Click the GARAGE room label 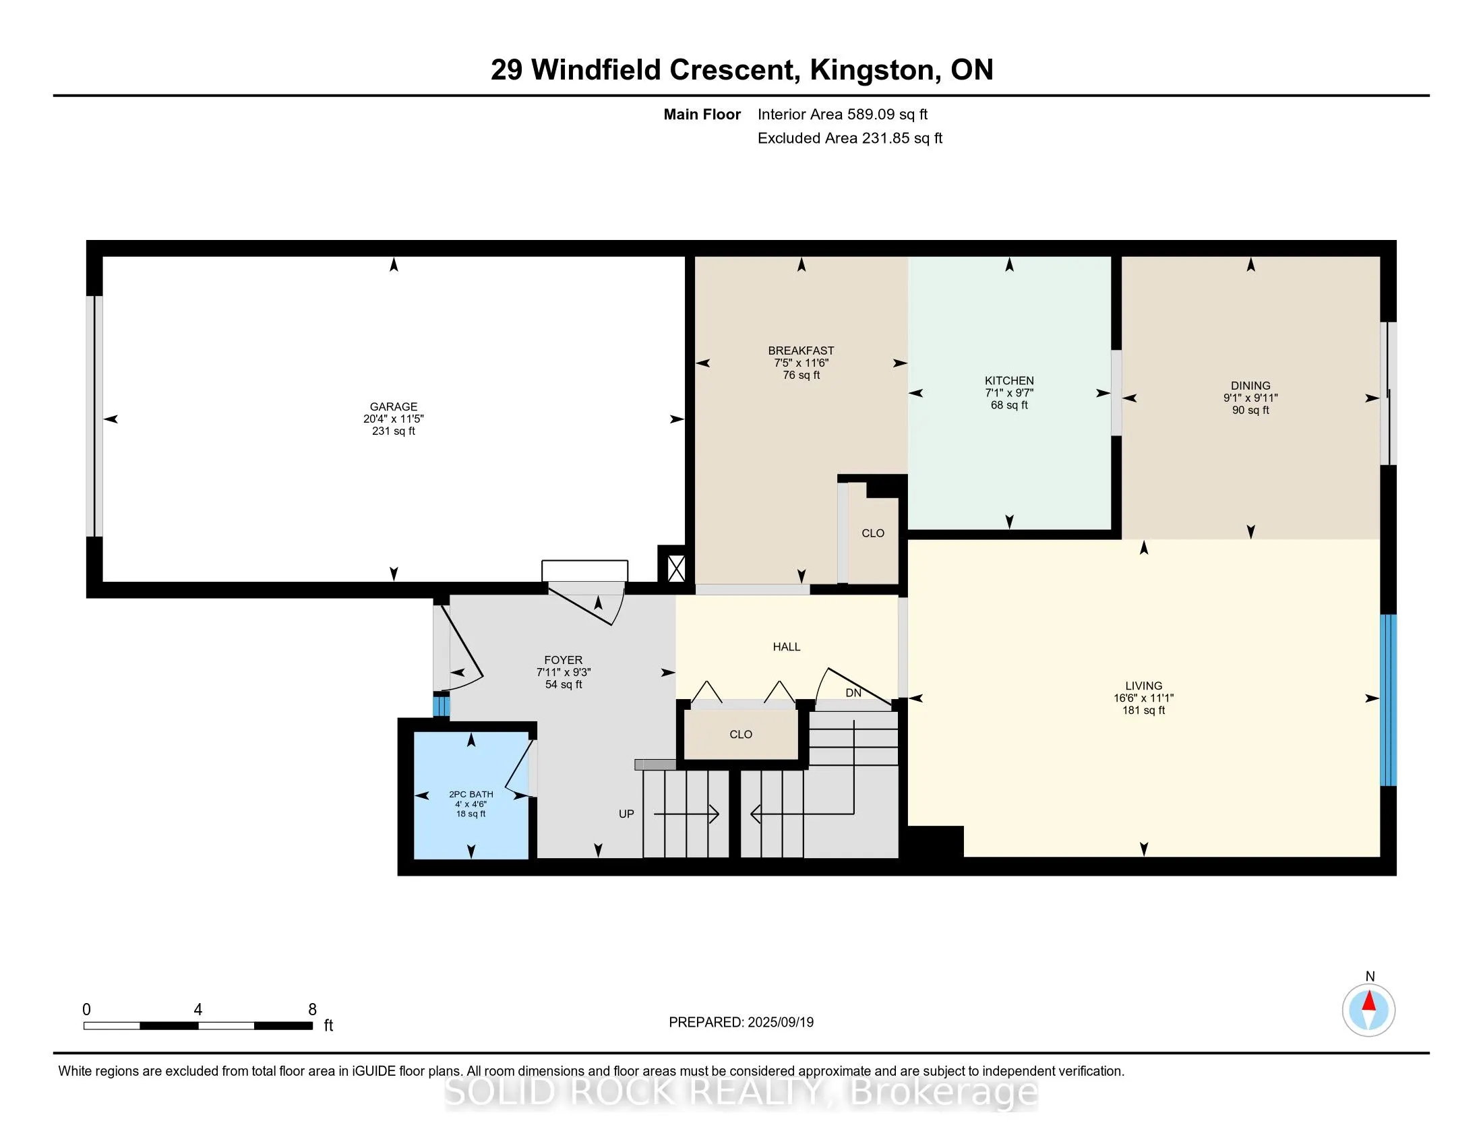pyautogui.click(x=393, y=406)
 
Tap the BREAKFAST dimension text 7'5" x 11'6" pyautogui.click(x=801, y=363)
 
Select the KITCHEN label pyautogui.click(x=1009, y=381)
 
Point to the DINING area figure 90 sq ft pyautogui.click(x=1250, y=410)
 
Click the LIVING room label pyautogui.click(x=1143, y=686)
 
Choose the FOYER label pyautogui.click(x=563, y=660)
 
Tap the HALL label pyautogui.click(x=786, y=647)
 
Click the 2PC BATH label pyautogui.click(x=471, y=794)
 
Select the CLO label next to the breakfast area pyautogui.click(x=872, y=534)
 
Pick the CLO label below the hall pyautogui.click(x=741, y=735)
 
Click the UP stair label pyautogui.click(x=626, y=814)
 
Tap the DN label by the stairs pyautogui.click(x=853, y=693)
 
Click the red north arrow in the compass pyautogui.click(x=1369, y=1001)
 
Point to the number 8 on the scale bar pyautogui.click(x=312, y=1010)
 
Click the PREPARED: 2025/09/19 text pyautogui.click(x=741, y=1023)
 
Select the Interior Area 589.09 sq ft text pyautogui.click(x=842, y=115)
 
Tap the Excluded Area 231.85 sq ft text pyautogui.click(x=849, y=138)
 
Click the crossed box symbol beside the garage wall pyautogui.click(x=675, y=568)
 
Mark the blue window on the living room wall pyautogui.click(x=1388, y=700)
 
